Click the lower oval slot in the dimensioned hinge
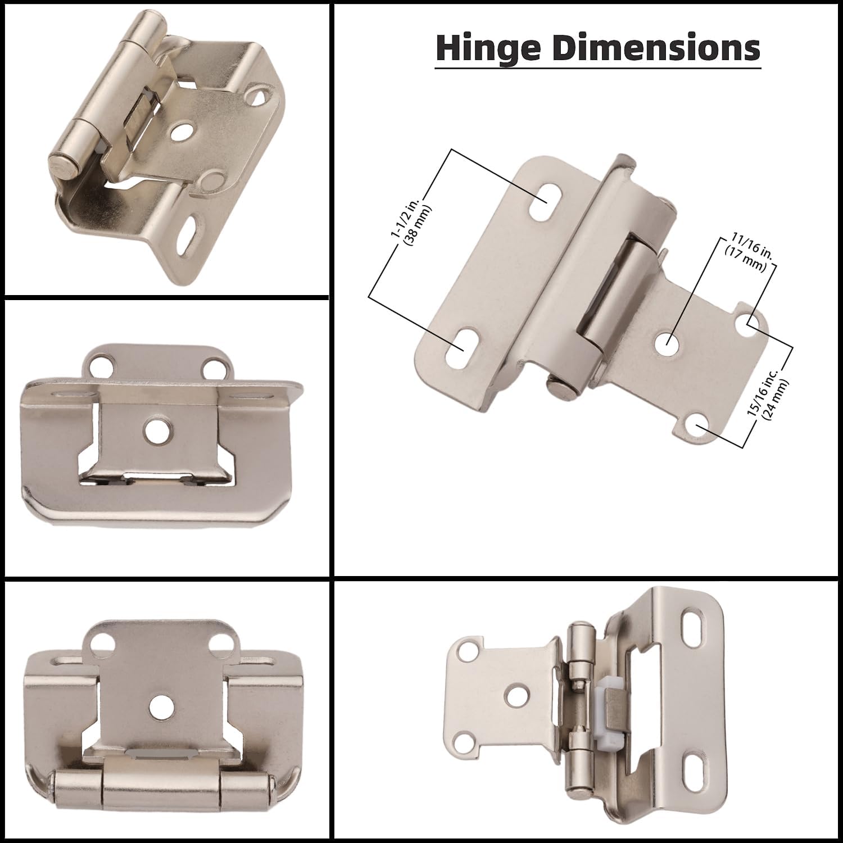pyautogui.click(x=463, y=342)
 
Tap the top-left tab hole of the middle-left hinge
pyautogui.click(x=102, y=365)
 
